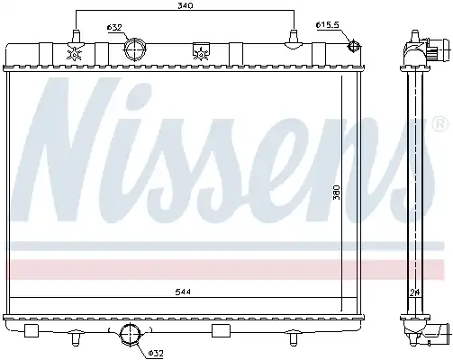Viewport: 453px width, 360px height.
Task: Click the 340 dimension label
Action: point(185,5)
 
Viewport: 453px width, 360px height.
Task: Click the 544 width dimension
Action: point(184,292)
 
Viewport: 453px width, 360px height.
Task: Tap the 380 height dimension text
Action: point(337,193)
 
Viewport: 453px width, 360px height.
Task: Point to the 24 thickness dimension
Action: point(414,292)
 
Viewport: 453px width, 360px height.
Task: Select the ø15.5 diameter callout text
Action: point(327,25)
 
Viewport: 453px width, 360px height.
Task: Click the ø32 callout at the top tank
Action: point(114,28)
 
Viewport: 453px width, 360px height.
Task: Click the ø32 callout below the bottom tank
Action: point(156,354)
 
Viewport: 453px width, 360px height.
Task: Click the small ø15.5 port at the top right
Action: point(353,46)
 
